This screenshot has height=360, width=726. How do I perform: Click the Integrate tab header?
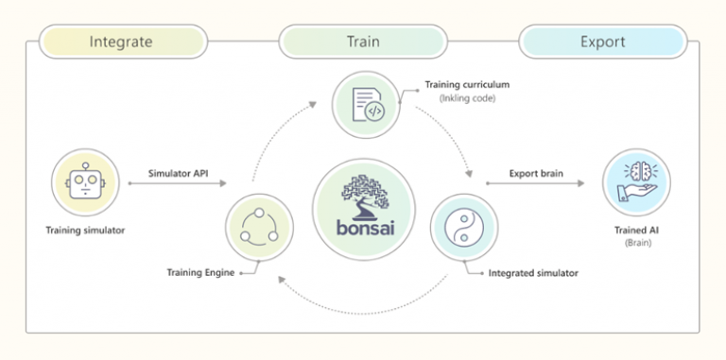(x=121, y=42)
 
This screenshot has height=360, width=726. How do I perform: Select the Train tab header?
(x=362, y=42)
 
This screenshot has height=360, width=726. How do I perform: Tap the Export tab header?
(x=603, y=42)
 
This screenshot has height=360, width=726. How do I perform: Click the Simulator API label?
(x=179, y=173)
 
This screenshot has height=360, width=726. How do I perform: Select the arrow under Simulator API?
(x=179, y=186)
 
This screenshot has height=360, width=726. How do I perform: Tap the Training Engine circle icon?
(x=259, y=227)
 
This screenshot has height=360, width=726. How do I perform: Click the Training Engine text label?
(x=199, y=274)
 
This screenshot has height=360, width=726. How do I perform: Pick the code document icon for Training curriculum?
(x=364, y=106)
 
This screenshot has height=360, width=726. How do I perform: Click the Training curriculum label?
(x=463, y=85)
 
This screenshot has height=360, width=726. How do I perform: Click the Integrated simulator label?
(x=531, y=274)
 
